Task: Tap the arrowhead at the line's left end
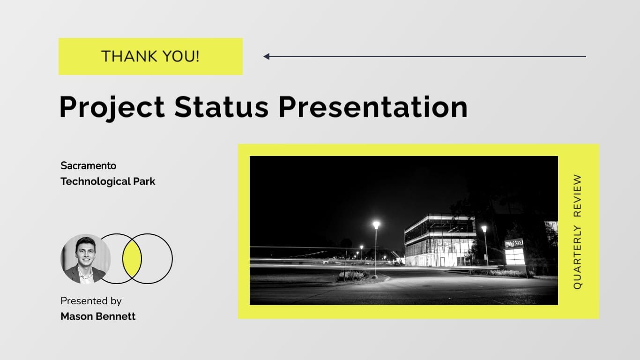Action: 267,57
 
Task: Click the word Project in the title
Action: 112,107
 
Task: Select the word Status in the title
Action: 221,107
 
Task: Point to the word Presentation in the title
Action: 373,107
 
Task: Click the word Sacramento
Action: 88,166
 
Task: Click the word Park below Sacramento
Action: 144,181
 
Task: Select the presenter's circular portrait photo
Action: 85,259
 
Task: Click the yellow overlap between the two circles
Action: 132,259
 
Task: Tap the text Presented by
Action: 91,301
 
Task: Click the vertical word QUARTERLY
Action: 577,258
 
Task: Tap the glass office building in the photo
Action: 439,241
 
